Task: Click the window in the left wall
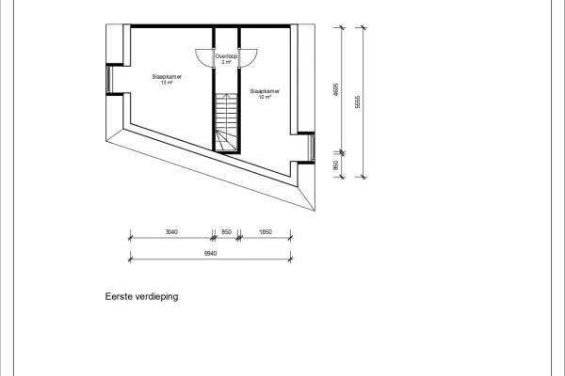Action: tap(110, 79)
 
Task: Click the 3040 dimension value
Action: tap(171, 231)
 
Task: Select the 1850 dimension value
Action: tap(266, 231)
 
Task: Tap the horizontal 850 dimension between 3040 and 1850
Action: tap(226, 231)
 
